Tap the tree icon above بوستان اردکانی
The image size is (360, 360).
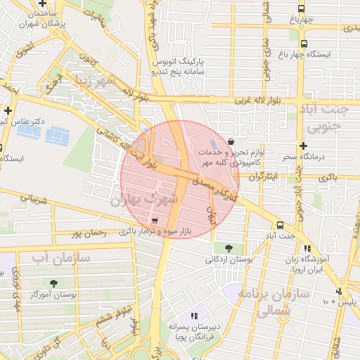click(229, 247)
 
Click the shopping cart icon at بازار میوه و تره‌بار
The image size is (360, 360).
click(154, 220)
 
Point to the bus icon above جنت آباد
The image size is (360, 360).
click(281, 226)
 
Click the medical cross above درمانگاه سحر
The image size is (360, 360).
click(302, 146)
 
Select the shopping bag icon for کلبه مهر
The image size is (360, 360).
click(231, 141)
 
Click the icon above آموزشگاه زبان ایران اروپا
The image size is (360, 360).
click(307, 247)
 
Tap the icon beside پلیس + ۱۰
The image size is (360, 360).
click(340, 291)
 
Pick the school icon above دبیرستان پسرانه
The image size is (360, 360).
click(194, 316)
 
